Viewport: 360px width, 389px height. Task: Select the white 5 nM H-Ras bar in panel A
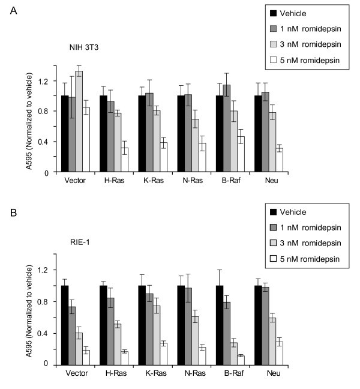click(x=124, y=160)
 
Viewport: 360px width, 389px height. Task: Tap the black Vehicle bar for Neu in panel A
click(x=259, y=134)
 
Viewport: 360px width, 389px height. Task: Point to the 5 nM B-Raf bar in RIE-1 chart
click(x=241, y=360)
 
